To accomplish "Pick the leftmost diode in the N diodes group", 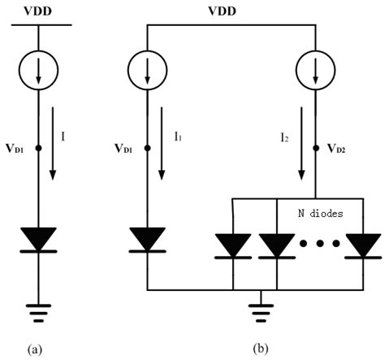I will (232, 244).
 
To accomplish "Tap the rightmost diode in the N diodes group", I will (361, 244).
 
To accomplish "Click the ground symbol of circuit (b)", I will (258, 310).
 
